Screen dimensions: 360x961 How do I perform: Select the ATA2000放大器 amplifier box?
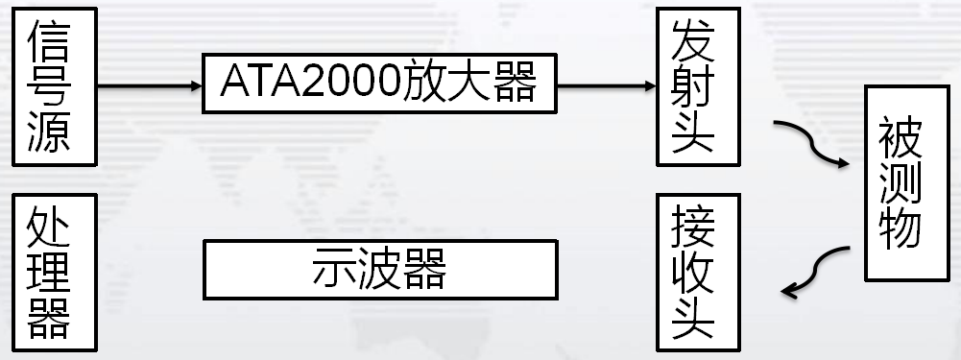tap(379, 85)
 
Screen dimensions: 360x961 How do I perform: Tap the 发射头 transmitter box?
tap(693, 86)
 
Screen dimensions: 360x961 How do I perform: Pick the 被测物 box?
tap(900, 182)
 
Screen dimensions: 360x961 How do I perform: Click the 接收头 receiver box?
tap(693, 274)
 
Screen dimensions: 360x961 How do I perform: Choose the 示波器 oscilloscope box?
tap(379, 270)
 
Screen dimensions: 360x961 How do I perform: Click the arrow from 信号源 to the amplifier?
tap(149, 85)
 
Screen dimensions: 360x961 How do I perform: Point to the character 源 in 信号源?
tap(49, 132)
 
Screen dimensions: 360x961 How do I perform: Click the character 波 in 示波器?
tap(379, 270)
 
